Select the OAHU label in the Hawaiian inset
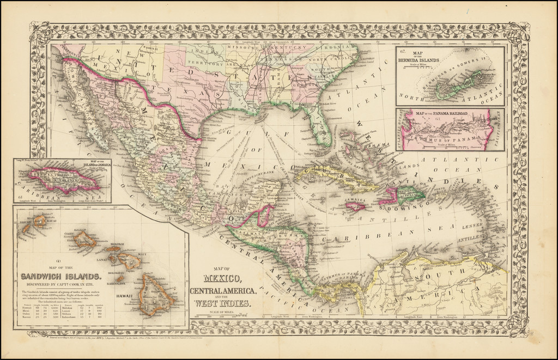point(70,234)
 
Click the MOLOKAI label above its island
point(119,246)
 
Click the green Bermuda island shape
point(460,87)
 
